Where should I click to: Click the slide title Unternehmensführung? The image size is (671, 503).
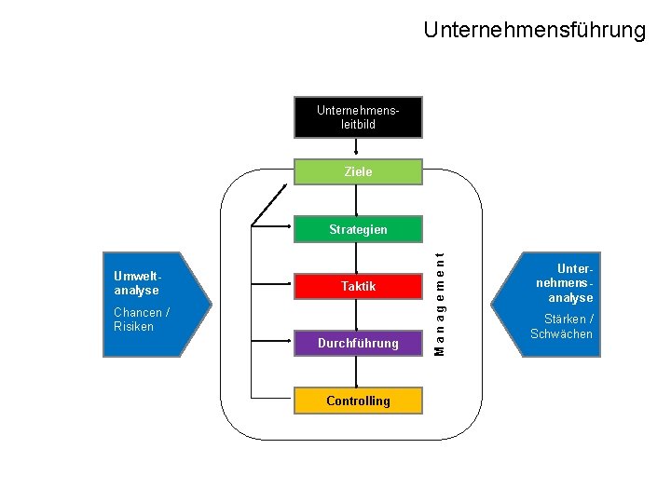(x=534, y=30)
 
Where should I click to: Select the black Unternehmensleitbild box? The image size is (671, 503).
(x=358, y=116)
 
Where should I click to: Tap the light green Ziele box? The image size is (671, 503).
(x=358, y=171)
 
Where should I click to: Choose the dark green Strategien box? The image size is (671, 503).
(x=358, y=229)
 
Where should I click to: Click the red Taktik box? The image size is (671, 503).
(x=358, y=286)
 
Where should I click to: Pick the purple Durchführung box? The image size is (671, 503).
(x=358, y=343)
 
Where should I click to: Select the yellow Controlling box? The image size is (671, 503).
(x=358, y=401)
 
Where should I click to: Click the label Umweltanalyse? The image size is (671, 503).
(x=137, y=283)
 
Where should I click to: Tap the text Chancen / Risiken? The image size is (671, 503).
(x=141, y=319)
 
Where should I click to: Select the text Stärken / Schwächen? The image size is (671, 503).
(x=561, y=326)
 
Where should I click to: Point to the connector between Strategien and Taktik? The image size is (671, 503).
(x=358, y=257)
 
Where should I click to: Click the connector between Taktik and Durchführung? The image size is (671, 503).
(x=358, y=315)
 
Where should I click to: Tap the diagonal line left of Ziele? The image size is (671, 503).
(x=268, y=205)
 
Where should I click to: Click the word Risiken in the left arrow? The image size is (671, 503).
(x=133, y=327)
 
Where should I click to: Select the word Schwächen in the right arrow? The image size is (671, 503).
(x=561, y=333)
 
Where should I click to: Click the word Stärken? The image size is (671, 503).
(x=564, y=319)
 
